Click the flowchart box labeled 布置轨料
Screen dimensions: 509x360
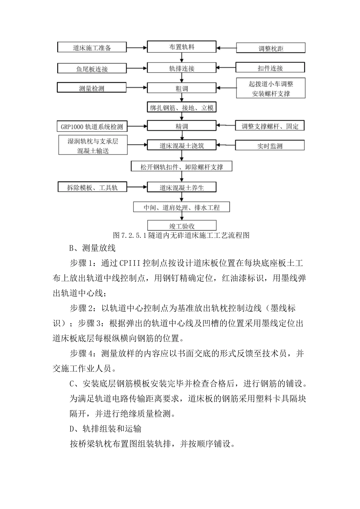click(x=182, y=47)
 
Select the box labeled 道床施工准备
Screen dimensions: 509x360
click(x=92, y=48)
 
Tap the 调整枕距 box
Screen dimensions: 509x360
click(x=271, y=48)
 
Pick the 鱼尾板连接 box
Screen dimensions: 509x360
click(x=92, y=69)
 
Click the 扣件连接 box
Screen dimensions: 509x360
click(x=270, y=68)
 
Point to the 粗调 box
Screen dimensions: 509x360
click(x=182, y=88)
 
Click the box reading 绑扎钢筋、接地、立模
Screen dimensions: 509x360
click(x=182, y=108)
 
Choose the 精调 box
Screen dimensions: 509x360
click(x=182, y=126)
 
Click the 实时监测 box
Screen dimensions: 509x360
click(x=270, y=146)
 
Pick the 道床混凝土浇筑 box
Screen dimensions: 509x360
click(x=182, y=145)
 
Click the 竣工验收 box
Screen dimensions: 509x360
click(x=182, y=226)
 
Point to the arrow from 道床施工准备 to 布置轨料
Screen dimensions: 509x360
click(x=136, y=48)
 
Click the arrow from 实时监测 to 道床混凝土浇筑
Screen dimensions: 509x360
click(x=226, y=145)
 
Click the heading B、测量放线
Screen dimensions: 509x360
click(x=92, y=248)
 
